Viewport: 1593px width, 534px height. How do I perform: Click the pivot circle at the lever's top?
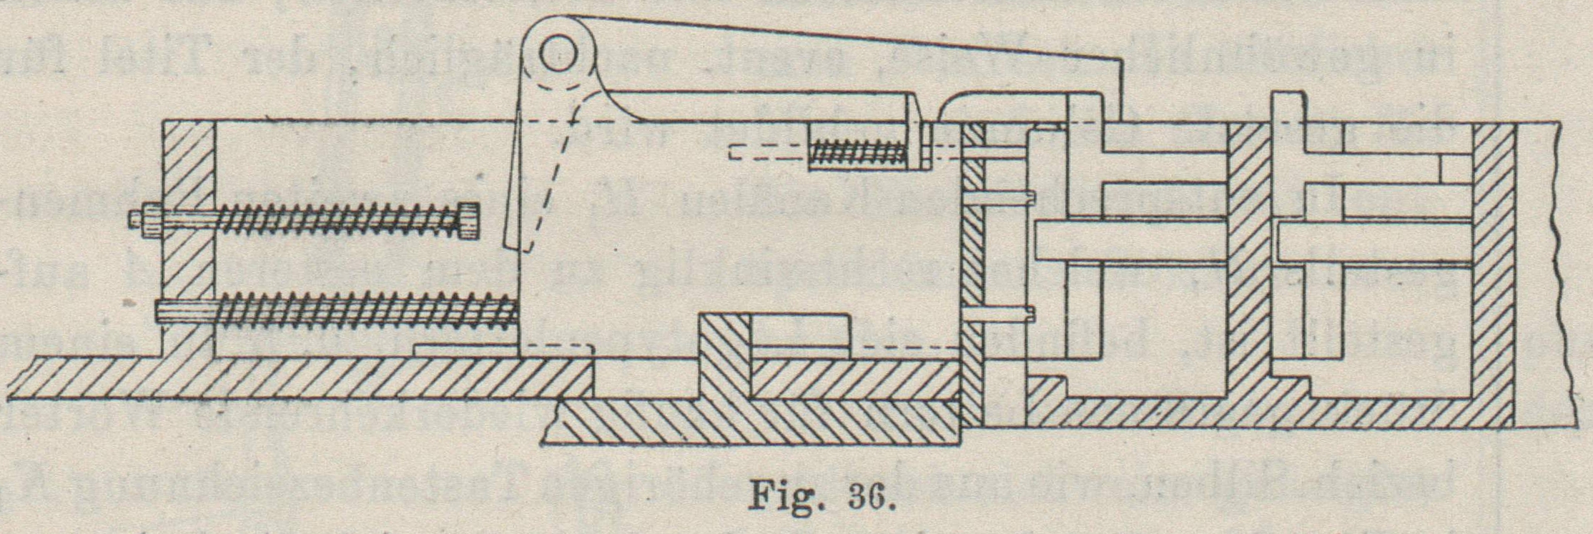[x=558, y=55]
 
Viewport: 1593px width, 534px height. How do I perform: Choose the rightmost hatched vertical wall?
[x=1492, y=272]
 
